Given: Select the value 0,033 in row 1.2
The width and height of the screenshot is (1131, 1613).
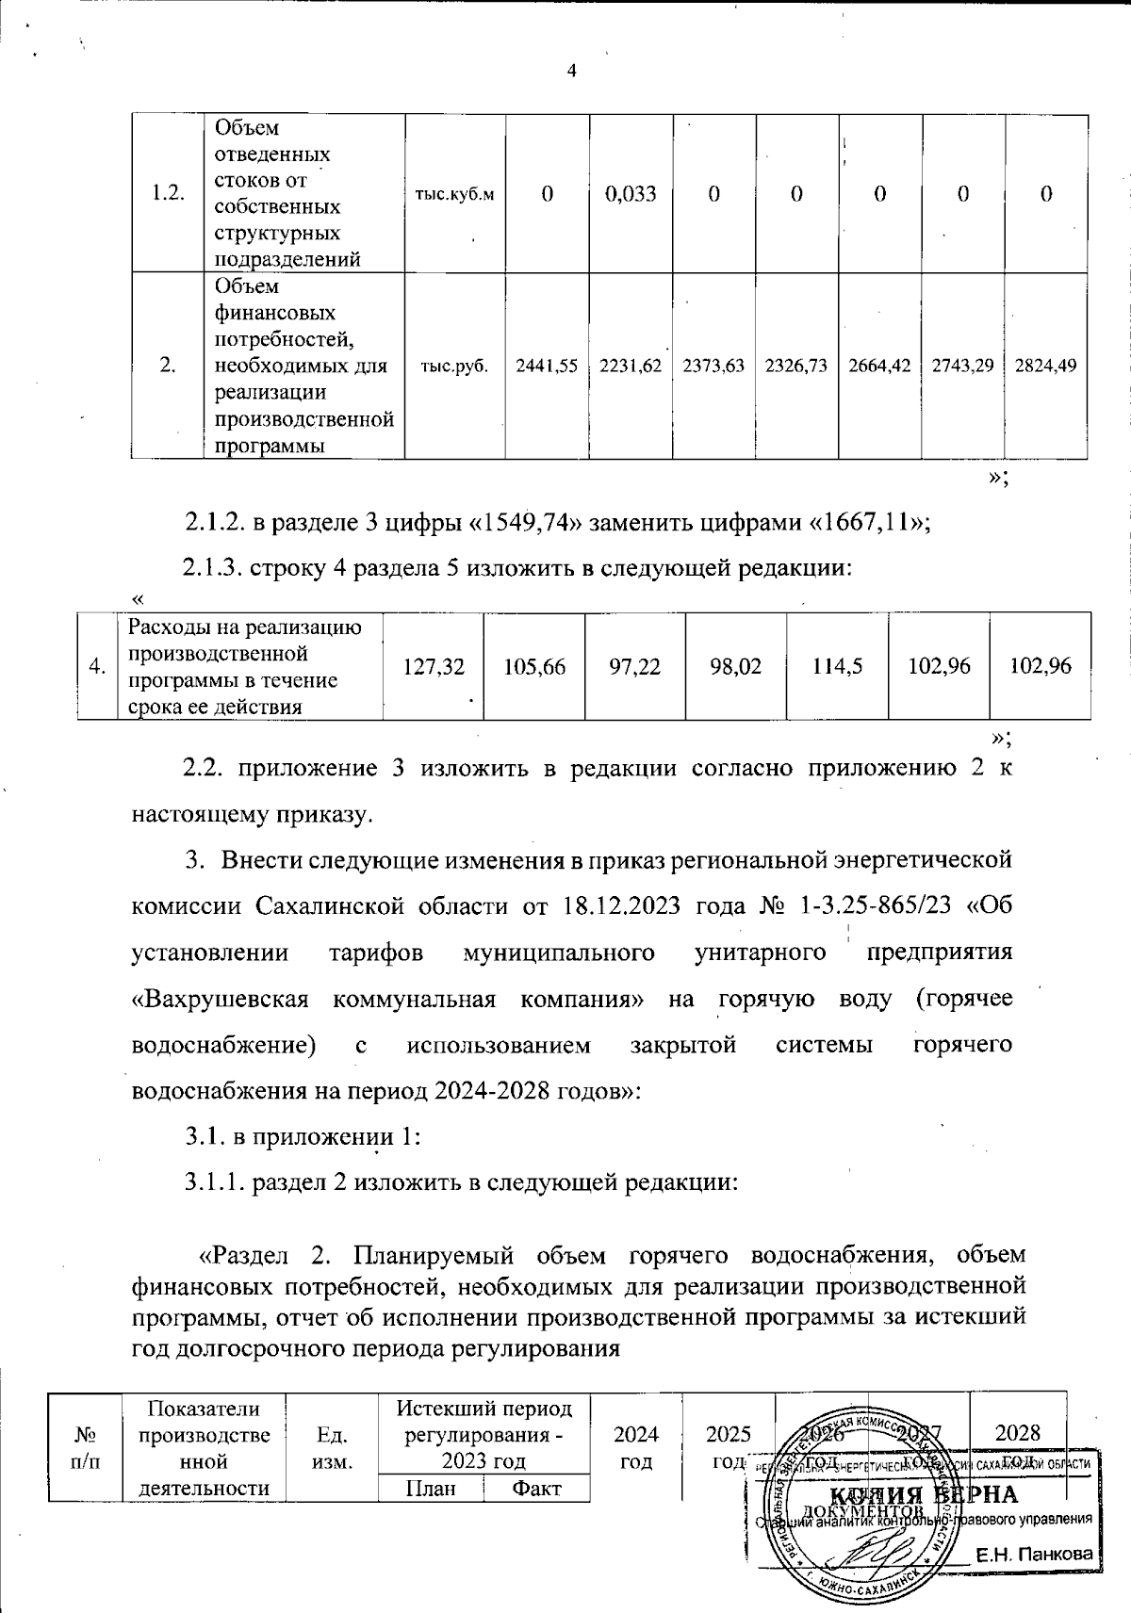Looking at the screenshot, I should (x=631, y=194).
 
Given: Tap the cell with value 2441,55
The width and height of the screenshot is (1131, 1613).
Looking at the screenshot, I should (x=547, y=367).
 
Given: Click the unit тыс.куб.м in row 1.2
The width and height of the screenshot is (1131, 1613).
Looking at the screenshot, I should (x=454, y=194).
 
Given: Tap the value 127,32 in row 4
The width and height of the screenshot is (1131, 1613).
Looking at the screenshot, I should (x=433, y=666).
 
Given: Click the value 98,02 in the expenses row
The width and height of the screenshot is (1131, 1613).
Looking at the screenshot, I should (x=736, y=666).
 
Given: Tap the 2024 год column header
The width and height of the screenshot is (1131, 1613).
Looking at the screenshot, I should (x=636, y=1447).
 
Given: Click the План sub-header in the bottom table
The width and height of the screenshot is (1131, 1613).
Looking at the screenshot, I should (x=430, y=1489).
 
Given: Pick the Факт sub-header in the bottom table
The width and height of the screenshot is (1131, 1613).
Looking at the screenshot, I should (x=535, y=1489).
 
